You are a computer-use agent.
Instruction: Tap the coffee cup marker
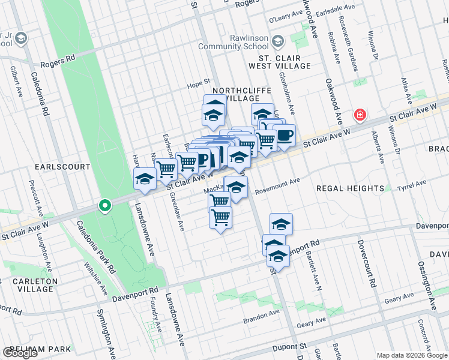click(285, 135)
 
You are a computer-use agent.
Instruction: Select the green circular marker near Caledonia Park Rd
click(105, 206)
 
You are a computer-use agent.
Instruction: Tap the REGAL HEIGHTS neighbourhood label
click(350, 188)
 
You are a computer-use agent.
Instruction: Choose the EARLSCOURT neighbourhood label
click(62, 166)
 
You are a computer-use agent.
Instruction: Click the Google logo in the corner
click(20, 353)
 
